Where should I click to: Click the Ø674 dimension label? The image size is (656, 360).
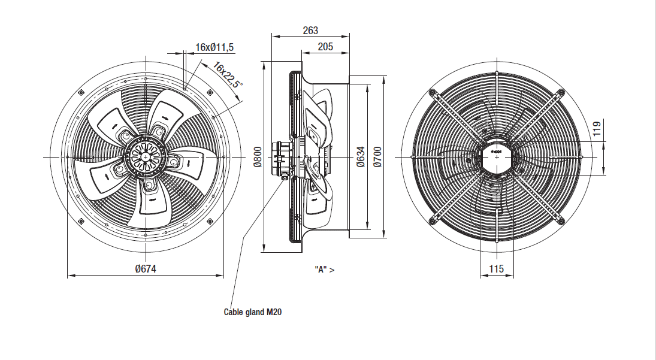146,269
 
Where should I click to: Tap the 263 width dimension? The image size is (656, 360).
310,31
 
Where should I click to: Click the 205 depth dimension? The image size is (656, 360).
325,47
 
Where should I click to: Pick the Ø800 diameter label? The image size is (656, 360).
258,156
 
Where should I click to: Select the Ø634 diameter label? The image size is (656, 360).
361,156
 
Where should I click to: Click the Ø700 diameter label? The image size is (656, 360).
377,156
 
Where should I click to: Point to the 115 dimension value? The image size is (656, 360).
496,269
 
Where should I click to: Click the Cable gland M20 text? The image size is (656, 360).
252,312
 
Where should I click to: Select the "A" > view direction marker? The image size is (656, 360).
324,270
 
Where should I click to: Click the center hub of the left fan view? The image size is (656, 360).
146,156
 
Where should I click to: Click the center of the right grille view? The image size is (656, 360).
496,157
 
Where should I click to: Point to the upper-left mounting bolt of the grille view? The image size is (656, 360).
432,92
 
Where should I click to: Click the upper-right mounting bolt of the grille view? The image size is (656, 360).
561,92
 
